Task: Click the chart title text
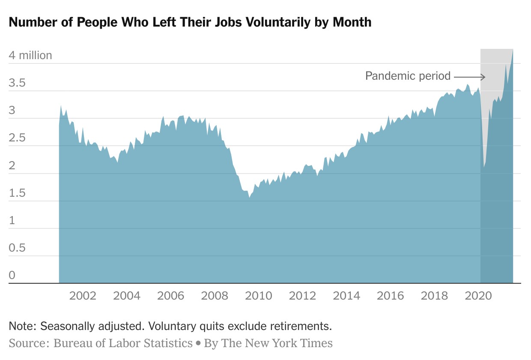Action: click(x=190, y=22)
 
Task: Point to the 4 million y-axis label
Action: click(x=30, y=55)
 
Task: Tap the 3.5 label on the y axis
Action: click(x=17, y=83)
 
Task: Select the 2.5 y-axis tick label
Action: click(x=17, y=138)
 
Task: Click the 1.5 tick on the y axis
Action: click(x=17, y=193)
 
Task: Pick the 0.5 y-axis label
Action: click(x=17, y=248)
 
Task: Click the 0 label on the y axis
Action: click(x=12, y=275)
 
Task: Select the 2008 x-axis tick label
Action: click(x=215, y=296)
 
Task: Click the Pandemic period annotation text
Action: click(x=408, y=76)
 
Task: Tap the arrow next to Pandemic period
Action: click(x=469, y=77)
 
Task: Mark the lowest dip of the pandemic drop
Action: click(x=484, y=167)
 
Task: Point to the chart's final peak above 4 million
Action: click(x=513, y=50)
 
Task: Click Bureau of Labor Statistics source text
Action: click(x=122, y=343)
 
